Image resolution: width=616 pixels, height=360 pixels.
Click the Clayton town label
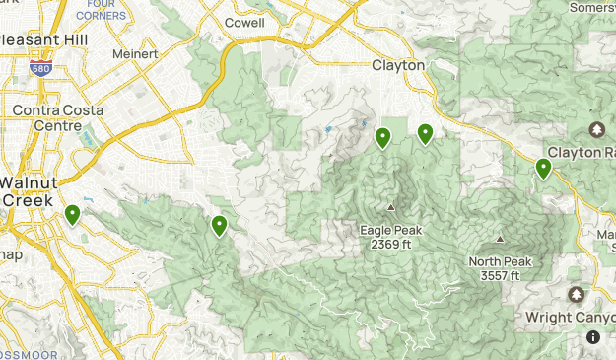pos(398,65)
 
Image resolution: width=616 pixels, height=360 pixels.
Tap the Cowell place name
pos(244,22)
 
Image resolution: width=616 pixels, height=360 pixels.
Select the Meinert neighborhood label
pos(136,54)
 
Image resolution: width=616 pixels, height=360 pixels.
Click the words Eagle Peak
pos(390,230)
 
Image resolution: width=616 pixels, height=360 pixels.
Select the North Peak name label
pos(500,261)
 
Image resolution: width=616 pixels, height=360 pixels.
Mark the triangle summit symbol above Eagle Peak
pos(390,208)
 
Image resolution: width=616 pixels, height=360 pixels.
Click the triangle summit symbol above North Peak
pos(500,239)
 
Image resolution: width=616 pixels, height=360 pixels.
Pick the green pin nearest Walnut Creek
pos(72,214)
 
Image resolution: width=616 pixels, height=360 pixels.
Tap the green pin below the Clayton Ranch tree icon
pos(543,169)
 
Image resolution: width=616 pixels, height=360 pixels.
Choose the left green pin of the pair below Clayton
pos(383,138)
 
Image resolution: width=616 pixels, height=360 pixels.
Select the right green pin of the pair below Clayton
pos(426,133)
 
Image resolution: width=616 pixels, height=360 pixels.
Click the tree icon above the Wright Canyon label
pos(577,295)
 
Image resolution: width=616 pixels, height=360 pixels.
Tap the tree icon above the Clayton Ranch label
pos(596,130)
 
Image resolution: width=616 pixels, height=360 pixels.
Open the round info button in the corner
pos(593,337)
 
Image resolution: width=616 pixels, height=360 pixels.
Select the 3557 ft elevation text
pos(500,275)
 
